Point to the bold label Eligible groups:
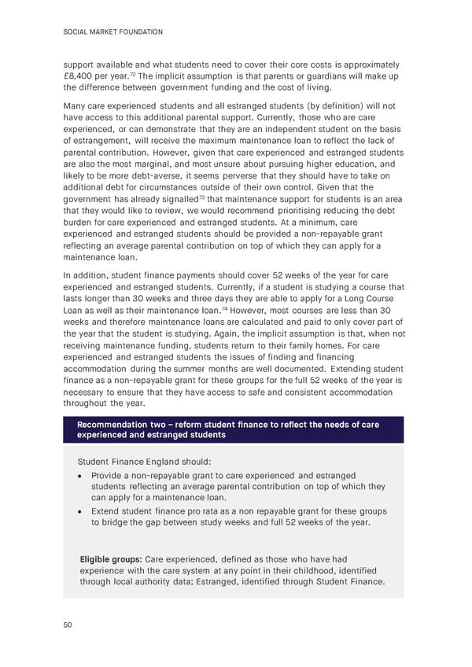(110, 559)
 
